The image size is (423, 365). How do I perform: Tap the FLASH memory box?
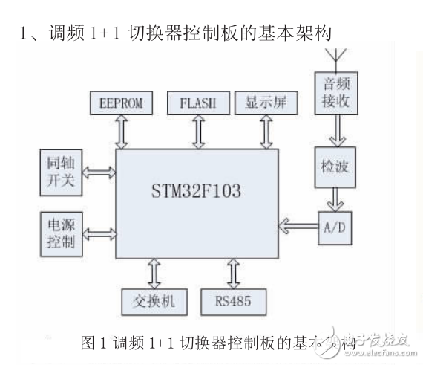tap(197, 103)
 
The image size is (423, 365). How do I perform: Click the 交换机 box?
tap(151, 301)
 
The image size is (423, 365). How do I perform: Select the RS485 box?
tap(230, 301)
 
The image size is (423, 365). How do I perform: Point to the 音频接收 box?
tap(333, 93)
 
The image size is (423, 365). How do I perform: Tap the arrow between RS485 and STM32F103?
tap(231, 272)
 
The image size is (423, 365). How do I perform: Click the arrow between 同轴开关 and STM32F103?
tap(99, 172)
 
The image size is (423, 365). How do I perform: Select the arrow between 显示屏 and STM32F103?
tap(265, 131)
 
